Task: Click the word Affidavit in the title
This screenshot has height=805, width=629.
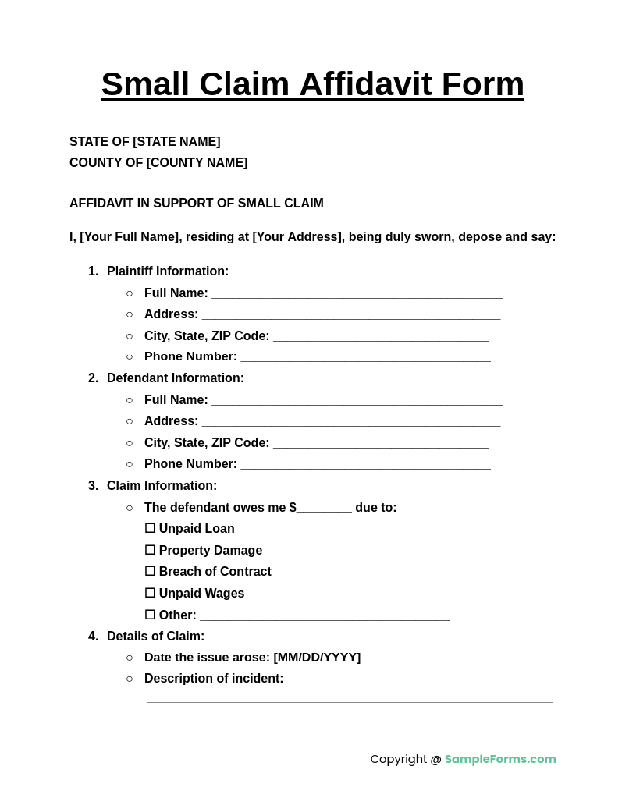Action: point(365,84)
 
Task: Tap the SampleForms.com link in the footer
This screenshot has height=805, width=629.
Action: point(500,759)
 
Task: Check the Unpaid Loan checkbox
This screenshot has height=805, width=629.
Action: point(150,528)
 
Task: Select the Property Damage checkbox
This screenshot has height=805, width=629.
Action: point(150,550)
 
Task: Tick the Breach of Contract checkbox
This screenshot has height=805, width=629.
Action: point(150,571)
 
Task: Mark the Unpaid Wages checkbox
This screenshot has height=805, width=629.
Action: point(150,593)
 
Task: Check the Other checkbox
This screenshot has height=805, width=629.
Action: point(150,615)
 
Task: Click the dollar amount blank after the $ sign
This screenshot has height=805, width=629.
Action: point(324,509)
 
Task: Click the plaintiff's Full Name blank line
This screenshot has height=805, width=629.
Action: point(357,294)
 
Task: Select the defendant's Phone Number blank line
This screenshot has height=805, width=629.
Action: point(365,465)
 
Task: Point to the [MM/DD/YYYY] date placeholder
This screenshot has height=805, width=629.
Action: point(317,658)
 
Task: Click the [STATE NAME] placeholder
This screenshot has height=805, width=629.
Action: point(176,142)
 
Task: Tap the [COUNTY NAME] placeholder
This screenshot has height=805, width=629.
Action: point(197,163)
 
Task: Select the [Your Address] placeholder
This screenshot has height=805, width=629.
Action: point(297,237)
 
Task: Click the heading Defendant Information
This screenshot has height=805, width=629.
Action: point(176,378)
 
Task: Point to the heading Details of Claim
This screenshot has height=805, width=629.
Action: point(155,637)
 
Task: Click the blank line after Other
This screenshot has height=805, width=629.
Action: point(325,616)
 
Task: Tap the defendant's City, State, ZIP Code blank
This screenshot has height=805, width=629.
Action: point(380,444)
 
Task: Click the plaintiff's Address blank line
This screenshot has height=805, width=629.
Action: point(350,315)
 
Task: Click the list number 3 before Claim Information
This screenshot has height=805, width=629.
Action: point(93,486)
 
